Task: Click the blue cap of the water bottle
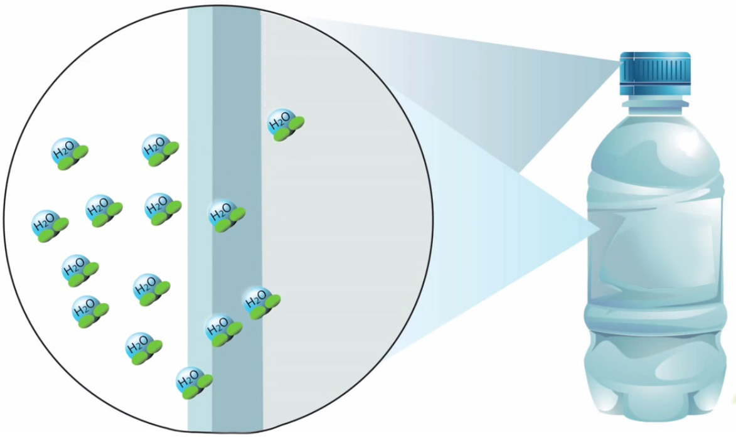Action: tap(655, 70)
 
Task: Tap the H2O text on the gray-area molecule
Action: tap(280, 121)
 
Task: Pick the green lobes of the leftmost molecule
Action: tap(53, 231)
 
